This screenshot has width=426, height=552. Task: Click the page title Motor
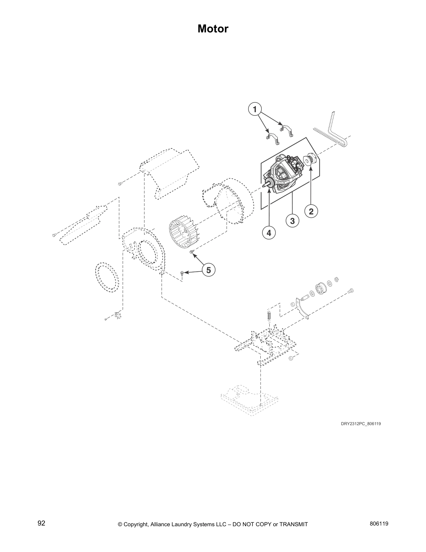coord(213,29)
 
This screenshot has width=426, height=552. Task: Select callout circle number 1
coord(255,109)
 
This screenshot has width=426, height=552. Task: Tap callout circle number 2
coord(311,211)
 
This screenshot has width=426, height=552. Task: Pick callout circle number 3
coord(292,221)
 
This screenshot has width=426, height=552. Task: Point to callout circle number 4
coord(269,232)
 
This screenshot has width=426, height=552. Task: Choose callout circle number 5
coord(208,270)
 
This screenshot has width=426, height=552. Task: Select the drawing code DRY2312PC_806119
coord(358,424)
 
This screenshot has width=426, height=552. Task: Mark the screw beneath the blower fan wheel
coord(191,252)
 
